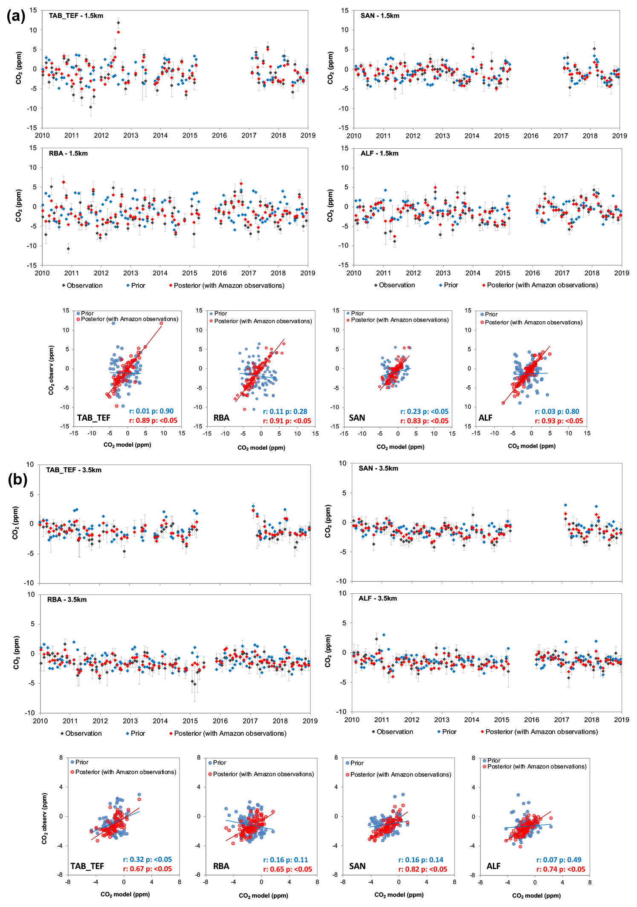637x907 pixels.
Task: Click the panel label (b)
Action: pos(17,479)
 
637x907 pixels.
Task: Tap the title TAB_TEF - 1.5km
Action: pos(76,16)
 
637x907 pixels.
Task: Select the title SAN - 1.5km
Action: pos(380,16)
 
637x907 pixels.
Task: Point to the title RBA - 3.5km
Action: pos(67,599)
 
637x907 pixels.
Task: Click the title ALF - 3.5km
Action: pos(378,598)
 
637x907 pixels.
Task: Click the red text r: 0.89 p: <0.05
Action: pos(153,421)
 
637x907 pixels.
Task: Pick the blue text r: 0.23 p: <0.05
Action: pos(424,411)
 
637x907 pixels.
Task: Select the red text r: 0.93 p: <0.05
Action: pos(559,421)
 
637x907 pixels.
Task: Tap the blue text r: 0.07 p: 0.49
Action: pos(559,860)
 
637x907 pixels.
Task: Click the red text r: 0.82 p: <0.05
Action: pos(423,869)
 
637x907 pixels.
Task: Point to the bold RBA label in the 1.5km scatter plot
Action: pos(221,418)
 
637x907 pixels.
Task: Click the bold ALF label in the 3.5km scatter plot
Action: pos(493,866)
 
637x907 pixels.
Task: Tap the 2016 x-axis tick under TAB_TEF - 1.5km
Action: pos(220,136)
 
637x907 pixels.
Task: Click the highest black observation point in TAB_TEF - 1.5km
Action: pos(118,23)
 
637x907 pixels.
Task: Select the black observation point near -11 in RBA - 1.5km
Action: pos(68,248)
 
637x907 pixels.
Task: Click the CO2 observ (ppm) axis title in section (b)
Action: pos(44,818)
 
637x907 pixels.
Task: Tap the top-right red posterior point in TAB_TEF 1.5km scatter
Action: pos(161,324)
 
